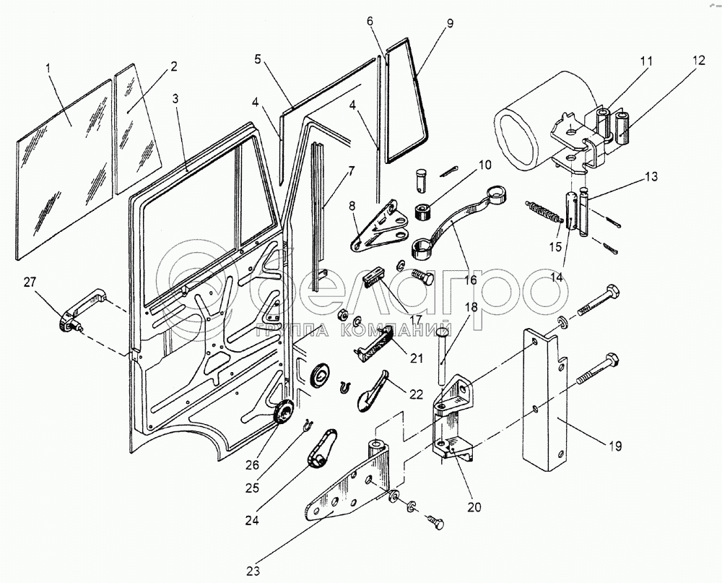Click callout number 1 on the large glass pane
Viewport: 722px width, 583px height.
coord(48,69)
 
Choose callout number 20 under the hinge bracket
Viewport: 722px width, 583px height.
coord(474,506)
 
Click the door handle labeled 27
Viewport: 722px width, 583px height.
coord(79,311)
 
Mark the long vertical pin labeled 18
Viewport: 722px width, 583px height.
coord(440,357)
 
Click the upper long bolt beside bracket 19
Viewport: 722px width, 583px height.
coord(599,298)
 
